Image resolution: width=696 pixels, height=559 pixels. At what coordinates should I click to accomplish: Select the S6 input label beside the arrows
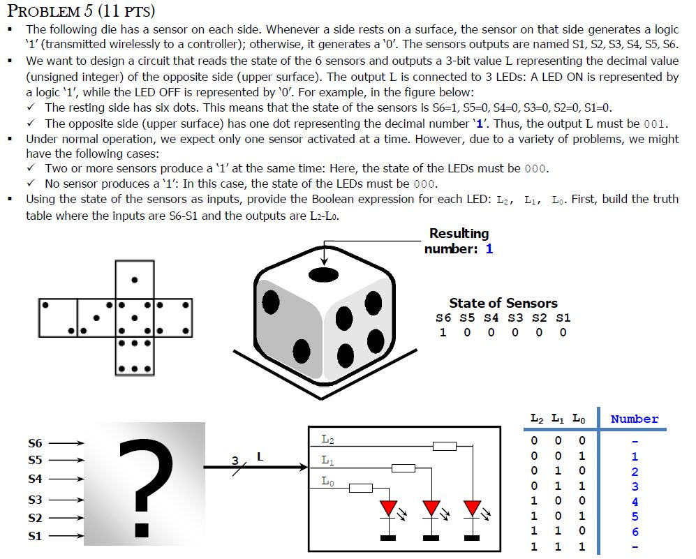[x=35, y=443]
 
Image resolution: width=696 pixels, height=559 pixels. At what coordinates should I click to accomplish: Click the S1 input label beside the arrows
[x=35, y=536]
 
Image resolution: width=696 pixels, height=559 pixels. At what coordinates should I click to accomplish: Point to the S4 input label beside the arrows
[x=35, y=479]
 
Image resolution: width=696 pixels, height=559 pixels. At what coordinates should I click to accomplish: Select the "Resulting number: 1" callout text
[x=459, y=241]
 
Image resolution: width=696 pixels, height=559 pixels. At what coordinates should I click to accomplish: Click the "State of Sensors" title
[x=503, y=303]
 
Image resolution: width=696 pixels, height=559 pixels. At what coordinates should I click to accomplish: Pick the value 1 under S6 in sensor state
[x=443, y=332]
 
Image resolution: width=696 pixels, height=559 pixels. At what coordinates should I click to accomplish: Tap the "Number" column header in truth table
[x=634, y=419]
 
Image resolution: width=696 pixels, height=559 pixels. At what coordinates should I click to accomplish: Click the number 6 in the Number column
[x=635, y=532]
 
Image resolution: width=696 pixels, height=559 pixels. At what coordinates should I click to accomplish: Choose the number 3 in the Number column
[x=635, y=486]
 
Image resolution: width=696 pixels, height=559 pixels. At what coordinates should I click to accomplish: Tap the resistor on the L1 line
[x=403, y=468]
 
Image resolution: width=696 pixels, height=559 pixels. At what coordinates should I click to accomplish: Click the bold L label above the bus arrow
[x=260, y=457]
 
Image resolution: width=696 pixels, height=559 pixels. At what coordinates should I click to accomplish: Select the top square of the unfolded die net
[x=133, y=280]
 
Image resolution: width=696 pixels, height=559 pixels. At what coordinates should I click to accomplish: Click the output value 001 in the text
[x=653, y=124]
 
